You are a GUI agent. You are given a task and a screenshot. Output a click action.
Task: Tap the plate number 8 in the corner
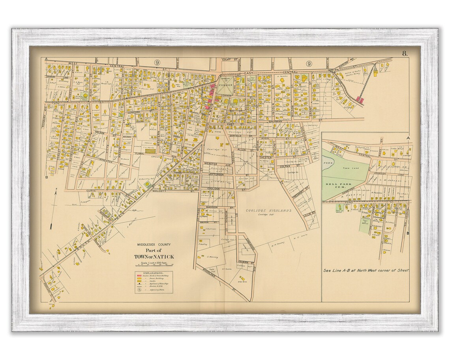(405, 54)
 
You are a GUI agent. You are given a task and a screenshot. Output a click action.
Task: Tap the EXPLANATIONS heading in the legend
(154, 273)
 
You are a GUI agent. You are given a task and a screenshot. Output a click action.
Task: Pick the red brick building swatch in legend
(139, 276)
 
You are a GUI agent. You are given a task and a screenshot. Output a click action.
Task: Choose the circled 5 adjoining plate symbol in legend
(139, 289)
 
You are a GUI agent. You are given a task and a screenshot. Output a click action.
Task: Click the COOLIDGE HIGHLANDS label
(268, 211)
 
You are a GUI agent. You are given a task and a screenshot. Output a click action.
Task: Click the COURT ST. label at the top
(225, 60)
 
